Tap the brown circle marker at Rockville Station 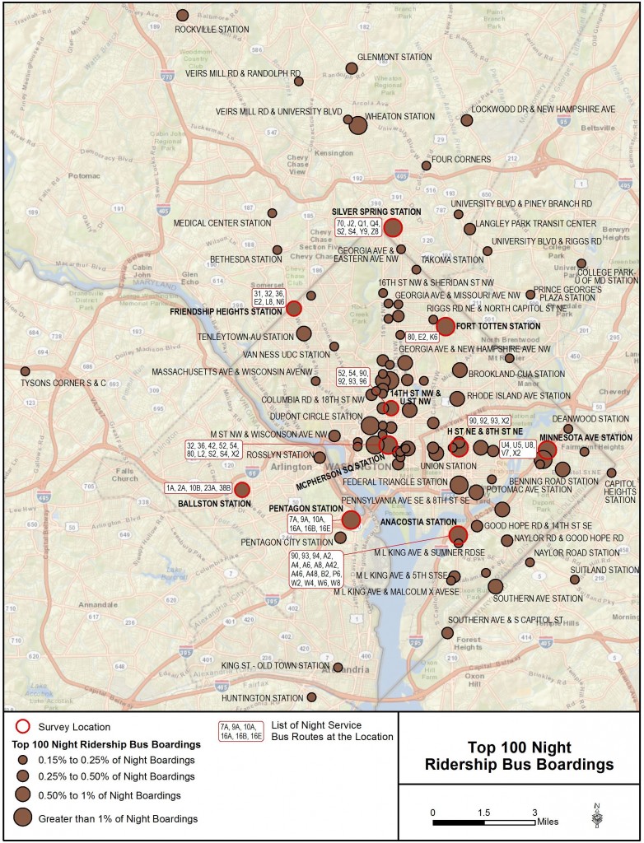183,15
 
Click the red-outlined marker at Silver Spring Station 393,228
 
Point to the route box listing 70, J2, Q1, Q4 357,228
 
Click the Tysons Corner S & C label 65,383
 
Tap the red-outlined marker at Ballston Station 242,489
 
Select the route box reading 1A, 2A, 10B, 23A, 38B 198,487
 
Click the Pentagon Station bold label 305,509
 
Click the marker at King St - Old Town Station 338,667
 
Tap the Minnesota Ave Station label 586,436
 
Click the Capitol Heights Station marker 611,473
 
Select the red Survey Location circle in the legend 24,727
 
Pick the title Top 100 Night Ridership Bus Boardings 519,757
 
